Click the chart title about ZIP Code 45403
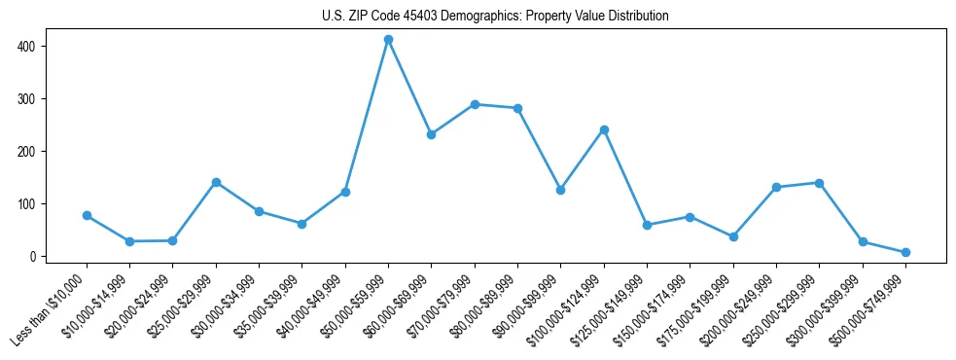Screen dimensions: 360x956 (495, 17)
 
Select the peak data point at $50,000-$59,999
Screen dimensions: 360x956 (388, 40)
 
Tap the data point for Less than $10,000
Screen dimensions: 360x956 (87, 215)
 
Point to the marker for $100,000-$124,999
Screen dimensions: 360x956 (604, 129)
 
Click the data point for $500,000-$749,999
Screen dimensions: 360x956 (905, 252)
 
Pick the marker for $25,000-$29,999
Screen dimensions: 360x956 (216, 182)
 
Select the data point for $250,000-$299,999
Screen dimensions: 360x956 (819, 183)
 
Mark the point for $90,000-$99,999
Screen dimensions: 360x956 (560, 190)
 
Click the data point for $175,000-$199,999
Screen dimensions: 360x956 (733, 236)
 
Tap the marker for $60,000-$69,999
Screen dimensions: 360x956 (431, 134)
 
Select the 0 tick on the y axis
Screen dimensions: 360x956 (37, 256)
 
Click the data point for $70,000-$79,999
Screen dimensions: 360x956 (475, 104)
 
